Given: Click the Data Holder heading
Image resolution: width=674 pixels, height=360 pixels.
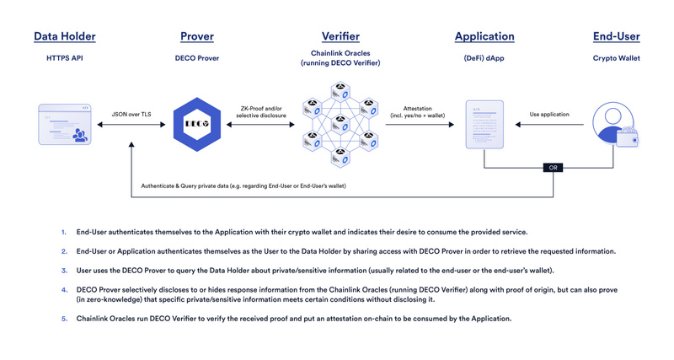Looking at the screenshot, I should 64,36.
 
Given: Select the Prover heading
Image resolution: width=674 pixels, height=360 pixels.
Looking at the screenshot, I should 196,36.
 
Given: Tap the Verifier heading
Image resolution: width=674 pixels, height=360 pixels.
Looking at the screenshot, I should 340,36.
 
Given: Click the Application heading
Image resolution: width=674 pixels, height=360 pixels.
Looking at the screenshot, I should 484,36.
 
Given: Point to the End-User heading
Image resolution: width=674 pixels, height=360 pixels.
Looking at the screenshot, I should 615,36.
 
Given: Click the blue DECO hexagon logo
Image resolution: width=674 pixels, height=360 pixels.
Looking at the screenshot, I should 196,126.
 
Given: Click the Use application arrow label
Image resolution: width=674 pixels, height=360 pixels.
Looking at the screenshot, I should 548,114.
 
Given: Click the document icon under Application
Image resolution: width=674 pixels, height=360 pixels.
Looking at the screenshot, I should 484,126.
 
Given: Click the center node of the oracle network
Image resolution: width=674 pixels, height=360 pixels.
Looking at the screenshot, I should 340,126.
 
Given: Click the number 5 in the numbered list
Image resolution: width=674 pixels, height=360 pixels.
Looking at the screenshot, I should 63,318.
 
